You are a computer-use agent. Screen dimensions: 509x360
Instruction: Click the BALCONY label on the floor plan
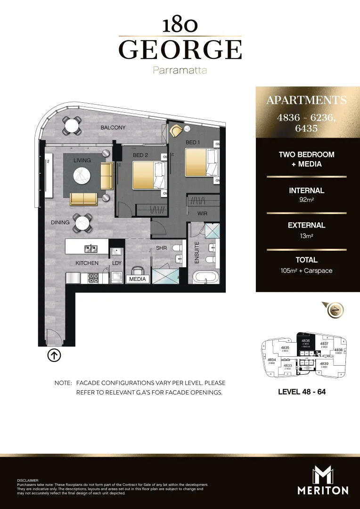tap(113, 128)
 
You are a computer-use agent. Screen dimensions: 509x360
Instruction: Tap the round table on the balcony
tap(72, 126)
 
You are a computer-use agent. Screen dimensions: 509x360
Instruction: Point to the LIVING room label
tap(82, 160)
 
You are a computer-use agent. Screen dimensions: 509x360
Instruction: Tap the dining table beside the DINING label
tap(82, 223)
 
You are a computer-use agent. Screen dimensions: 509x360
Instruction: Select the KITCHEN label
tap(87, 263)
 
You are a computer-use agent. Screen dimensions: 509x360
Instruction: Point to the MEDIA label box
tap(138, 279)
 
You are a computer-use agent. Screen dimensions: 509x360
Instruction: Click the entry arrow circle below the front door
tap(54, 356)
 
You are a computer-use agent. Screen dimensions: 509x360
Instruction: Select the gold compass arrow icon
tap(335, 310)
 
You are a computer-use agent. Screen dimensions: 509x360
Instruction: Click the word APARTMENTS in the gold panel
tap(306, 100)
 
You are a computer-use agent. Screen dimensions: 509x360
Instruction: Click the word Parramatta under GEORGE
tap(180, 71)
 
